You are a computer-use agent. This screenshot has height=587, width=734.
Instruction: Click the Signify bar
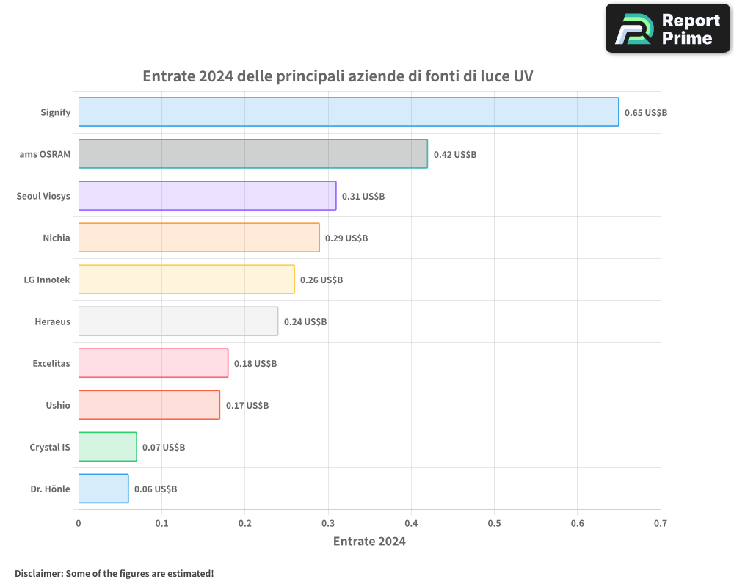click(349, 112)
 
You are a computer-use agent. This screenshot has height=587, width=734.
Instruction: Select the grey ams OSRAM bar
click(252, 154)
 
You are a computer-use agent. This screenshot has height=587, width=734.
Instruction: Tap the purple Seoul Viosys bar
click(207, 196)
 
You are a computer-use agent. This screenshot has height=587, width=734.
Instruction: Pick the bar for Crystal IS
click(107, 447)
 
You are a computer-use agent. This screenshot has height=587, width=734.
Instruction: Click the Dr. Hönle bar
click(103, 489)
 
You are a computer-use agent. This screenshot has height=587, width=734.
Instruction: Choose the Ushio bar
click(149, 405)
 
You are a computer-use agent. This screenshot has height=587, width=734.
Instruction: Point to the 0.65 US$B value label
click(645, 113)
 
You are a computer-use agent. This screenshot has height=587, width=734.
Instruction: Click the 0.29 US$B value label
click(346, 238)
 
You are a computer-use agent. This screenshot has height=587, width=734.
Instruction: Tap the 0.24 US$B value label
click(305, 322)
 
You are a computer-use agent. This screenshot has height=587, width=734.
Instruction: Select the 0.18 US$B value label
click(255, 364)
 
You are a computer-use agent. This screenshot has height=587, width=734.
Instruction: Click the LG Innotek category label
click(47, 280)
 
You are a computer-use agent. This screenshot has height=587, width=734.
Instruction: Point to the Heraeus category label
click(52, 321)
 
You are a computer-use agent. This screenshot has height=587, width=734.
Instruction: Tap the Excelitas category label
click(51, 363)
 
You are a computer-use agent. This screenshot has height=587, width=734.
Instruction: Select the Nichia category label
click(57, 238)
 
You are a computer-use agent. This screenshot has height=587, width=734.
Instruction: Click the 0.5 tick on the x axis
click(494, 524)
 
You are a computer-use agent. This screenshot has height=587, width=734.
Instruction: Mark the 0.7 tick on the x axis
click(661, 524)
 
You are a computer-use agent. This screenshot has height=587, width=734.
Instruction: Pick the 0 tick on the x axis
click(79, 524)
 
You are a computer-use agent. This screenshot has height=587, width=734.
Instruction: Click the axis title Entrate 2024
click(369, 542)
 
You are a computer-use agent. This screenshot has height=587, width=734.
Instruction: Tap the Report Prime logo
click(667, 29)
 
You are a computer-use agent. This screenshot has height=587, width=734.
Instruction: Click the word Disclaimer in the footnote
click(38, 573)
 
